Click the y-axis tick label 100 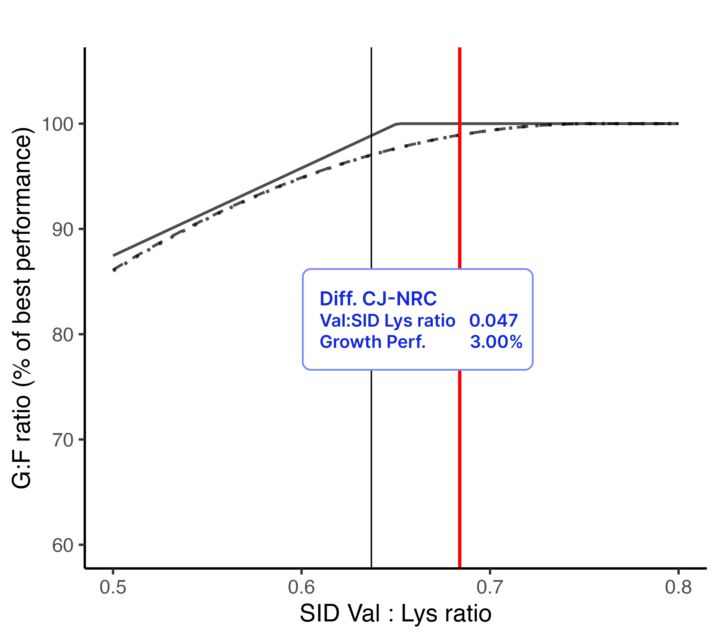coord(57,124)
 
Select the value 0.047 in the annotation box coord(493,320)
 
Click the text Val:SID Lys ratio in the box coord(387,320)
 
